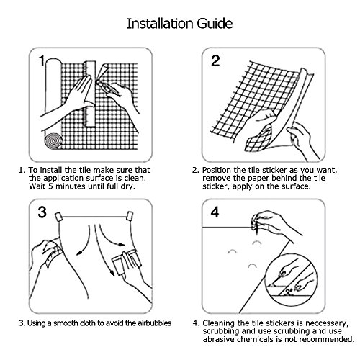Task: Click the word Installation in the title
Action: [x=161, y=24]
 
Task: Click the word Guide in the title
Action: [x=215, y=24]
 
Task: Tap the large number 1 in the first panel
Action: [x=42, y=60]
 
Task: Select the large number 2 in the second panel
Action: [x=215, y=60]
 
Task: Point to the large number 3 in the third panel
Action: [x=42, y=212]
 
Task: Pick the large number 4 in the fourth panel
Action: [x=215, y=212]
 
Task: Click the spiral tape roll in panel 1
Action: [x=53, y=140]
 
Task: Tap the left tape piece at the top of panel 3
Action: [x=58, y=217]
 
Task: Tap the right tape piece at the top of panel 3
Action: [x=130, y=216]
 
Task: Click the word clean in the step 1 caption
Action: [x=135, y=179]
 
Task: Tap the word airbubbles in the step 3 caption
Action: [x=155, y=323]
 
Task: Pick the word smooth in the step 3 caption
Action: [x=66, y=323]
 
